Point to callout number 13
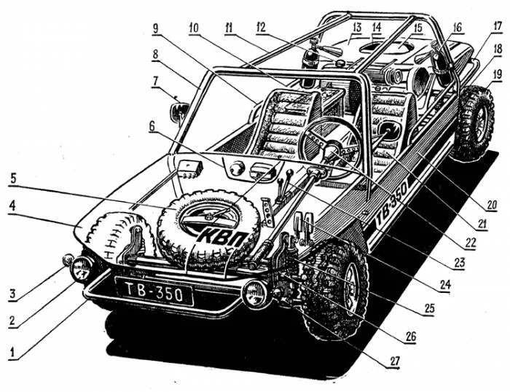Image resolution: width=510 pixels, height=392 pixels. pyautogui.click(x=357, y=27)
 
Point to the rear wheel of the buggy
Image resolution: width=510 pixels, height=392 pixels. pyautogui.click(x=474, y=124)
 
